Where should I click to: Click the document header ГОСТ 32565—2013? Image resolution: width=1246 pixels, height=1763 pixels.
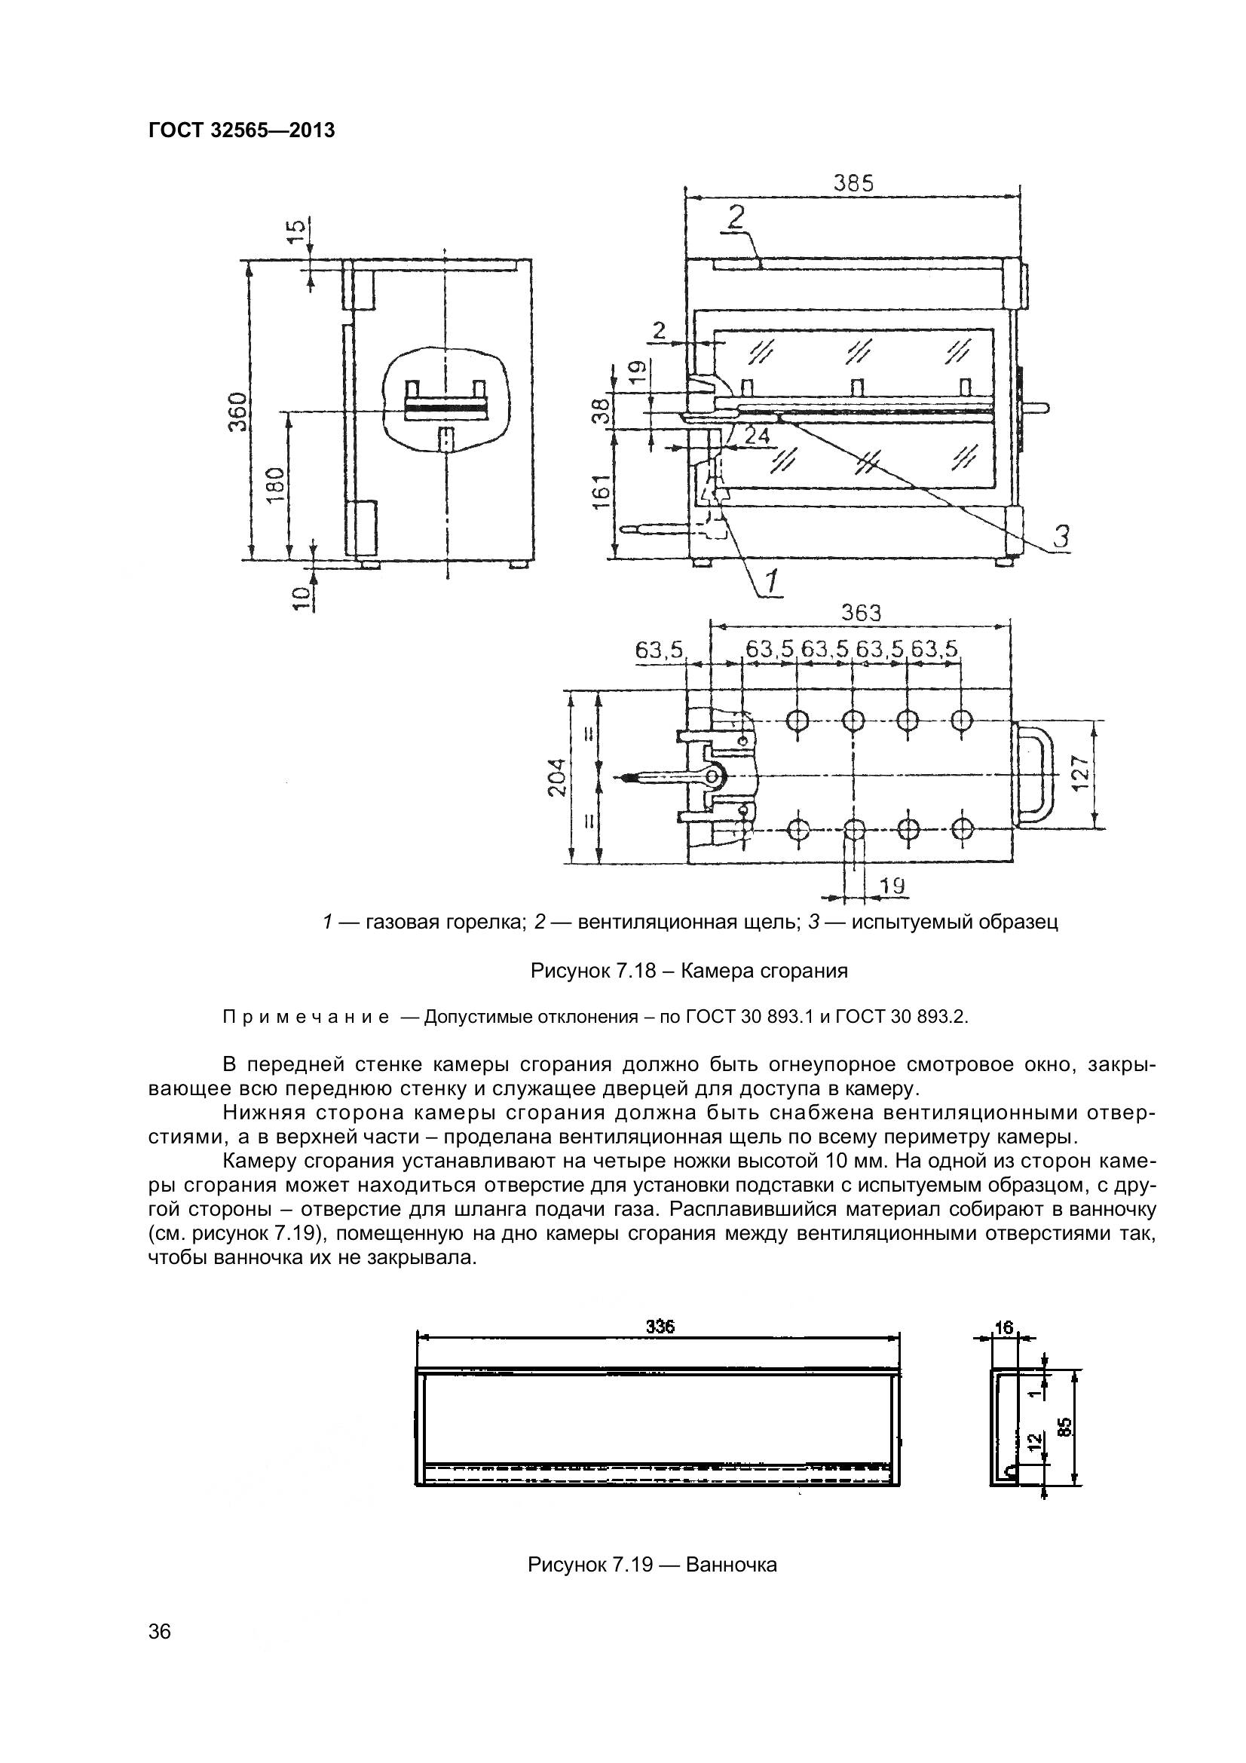point(241,131)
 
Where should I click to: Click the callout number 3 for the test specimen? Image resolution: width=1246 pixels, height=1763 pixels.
point(1061,536)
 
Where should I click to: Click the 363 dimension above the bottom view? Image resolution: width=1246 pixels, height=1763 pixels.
point(861,613)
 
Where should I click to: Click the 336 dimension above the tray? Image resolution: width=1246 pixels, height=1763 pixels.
point(659,1326)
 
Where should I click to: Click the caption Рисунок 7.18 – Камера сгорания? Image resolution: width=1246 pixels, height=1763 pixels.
point(689,971)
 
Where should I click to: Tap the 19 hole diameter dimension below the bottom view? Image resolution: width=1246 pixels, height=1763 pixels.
point(891,886)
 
